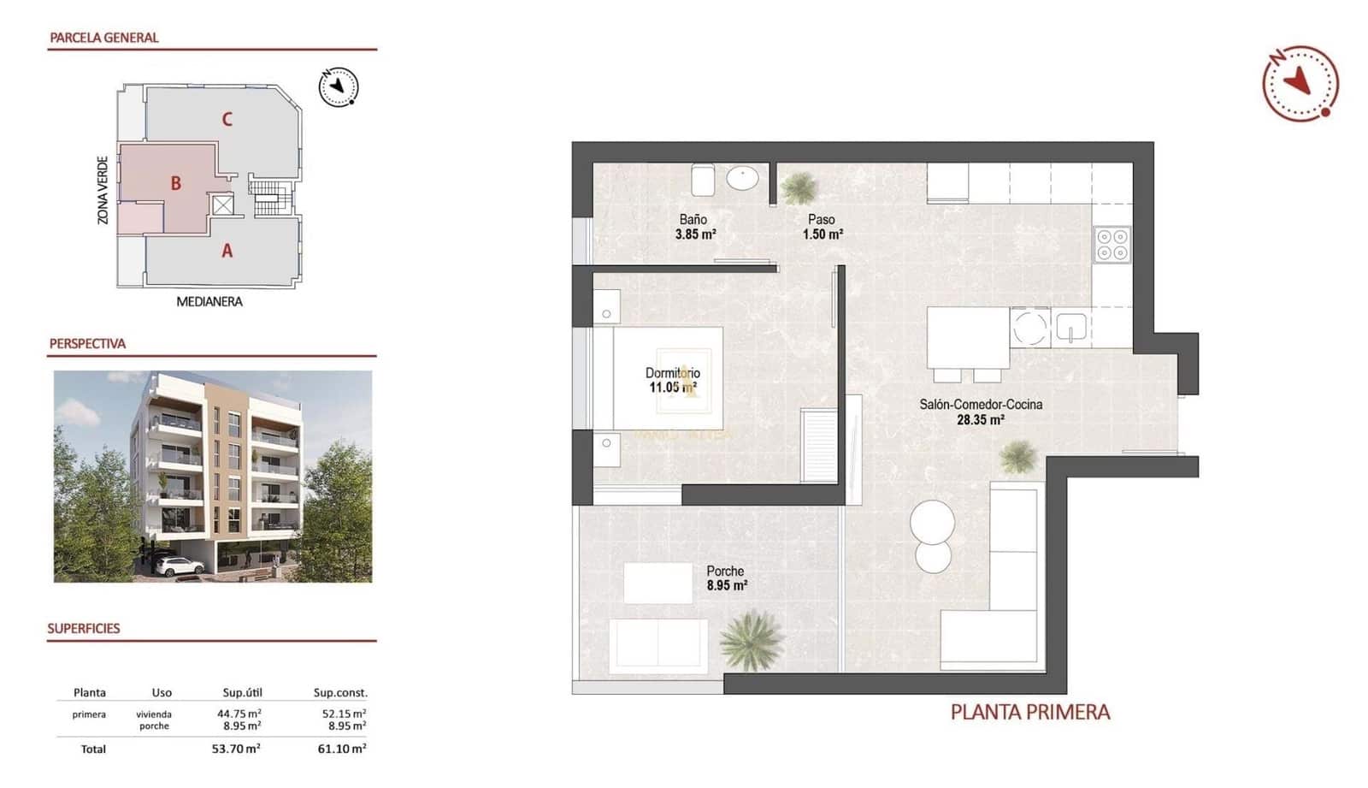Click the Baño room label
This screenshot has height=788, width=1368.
pos(693,219)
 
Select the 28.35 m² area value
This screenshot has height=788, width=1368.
pos(980,420)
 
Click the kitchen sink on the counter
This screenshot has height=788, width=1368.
pos(1070,327)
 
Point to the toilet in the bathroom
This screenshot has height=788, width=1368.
pos(703,180)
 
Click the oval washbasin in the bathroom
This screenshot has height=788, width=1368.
pos(742,179)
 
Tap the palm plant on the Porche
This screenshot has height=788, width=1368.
pos(752,639)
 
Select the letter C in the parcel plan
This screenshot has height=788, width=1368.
pos(227,119)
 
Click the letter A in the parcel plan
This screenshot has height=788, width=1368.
pos(227,251)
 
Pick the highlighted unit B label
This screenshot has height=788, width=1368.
pos(175,183)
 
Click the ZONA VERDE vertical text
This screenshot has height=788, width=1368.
pos(103,190)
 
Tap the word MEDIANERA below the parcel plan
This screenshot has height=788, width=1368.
pos(209,301)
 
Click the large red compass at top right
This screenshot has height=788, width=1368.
pos(1300,83)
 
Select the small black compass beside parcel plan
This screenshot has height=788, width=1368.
pos(339,86)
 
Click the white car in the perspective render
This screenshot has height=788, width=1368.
pos(180,566)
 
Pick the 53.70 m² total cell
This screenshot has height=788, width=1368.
pos(236,749)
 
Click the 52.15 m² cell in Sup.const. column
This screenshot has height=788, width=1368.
pos(344,713)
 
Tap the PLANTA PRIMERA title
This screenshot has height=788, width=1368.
pos(1029,712)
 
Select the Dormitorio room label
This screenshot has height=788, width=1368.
pos(672,373)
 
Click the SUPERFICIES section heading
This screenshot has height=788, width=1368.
pos(84,628)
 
